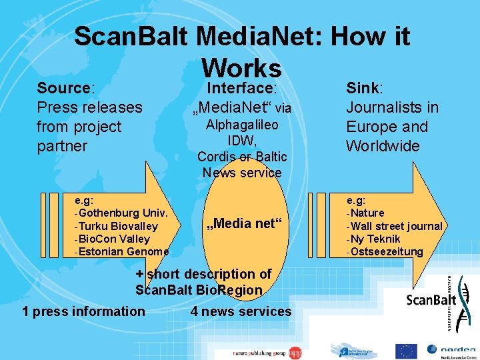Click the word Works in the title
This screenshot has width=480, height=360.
(242, 67)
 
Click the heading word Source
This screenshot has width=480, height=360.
(64, 88)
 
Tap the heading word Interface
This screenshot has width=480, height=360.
(241, 88)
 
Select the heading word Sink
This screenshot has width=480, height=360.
(363, 88)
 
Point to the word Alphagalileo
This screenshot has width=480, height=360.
(242, 125)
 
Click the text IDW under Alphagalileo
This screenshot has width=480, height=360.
(241, 141)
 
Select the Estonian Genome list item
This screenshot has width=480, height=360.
(123, 251)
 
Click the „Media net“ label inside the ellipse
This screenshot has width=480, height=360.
(244, 223)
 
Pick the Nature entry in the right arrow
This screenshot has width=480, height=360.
(366, 213)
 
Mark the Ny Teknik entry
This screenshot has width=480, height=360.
(373, 239)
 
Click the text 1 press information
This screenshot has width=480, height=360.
(83, 311)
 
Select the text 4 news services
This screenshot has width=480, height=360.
(241, 311)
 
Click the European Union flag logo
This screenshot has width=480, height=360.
(405, 351)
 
